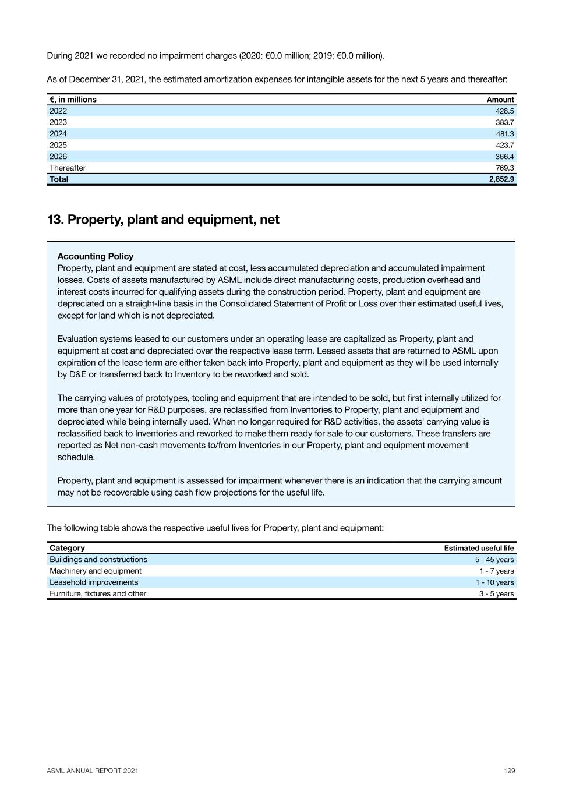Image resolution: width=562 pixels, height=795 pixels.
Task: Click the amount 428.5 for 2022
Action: pos(504,111)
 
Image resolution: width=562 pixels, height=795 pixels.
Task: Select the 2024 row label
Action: pos(58,133)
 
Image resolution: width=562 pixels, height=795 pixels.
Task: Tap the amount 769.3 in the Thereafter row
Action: pos(504,168)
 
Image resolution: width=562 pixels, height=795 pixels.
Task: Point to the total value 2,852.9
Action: pos(501,179)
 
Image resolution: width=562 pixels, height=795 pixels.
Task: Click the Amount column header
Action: pos(500,100)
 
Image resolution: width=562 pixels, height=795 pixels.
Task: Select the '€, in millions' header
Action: pos(73,100)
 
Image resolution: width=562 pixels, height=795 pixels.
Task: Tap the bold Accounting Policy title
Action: pos(96,256)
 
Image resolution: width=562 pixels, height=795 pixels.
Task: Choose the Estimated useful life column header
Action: pos(479,548)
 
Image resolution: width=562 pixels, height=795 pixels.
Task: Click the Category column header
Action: pos(67,548)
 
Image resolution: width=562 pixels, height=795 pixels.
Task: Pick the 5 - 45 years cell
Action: pos(494,560)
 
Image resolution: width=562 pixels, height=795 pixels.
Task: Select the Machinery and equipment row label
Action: pos(96,571)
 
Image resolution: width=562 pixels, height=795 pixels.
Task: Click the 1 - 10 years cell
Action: pos(494,582)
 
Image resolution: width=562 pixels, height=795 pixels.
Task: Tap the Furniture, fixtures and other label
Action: pos(98,593)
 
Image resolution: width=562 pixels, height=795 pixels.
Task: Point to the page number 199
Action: pos(510,771)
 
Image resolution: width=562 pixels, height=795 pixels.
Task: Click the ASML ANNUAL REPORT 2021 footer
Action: pos(93,771)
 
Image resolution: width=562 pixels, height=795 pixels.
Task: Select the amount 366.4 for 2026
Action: pos(504,157)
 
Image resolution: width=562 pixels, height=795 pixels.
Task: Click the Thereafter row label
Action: pos(68,168)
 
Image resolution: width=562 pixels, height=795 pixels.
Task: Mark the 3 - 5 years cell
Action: pos(496,593)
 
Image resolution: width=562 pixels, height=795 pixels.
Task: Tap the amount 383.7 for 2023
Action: pos(504,122)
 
